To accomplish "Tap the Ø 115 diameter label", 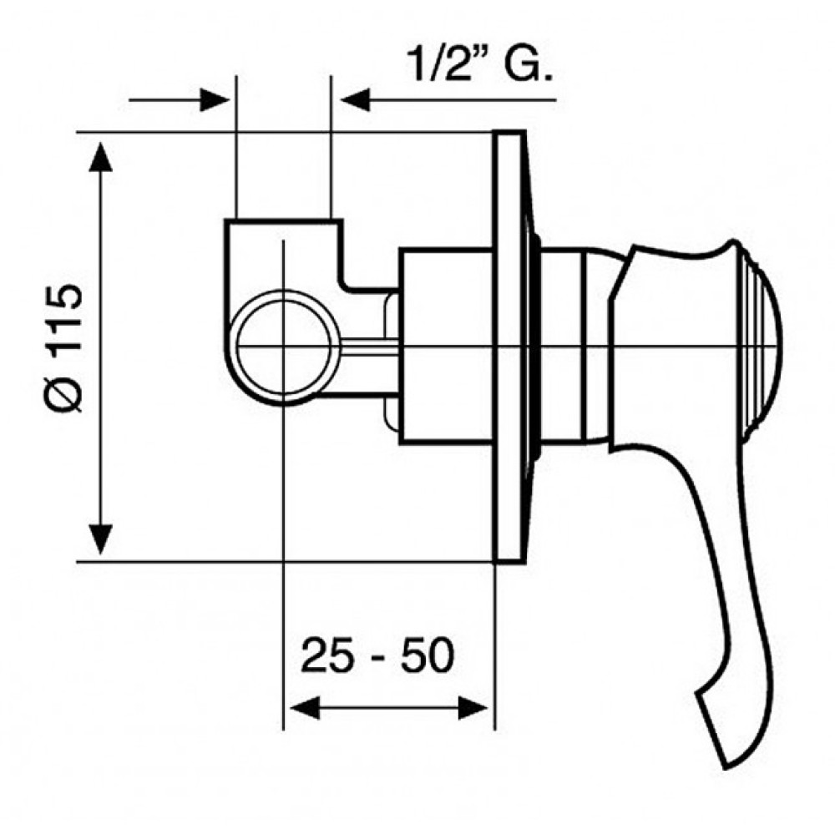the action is coord(64,348).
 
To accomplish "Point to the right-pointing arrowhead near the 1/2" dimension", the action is coord(215,99).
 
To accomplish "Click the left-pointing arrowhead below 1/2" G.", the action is coord(355,99).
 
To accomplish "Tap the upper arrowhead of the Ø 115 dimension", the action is coord(101,157).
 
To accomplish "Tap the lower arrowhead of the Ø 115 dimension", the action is coord(101,539).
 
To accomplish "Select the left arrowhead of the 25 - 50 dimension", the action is coord(304,708).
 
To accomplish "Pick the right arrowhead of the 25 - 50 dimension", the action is coord(473,708).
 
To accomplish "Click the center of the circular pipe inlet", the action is coord(284,347).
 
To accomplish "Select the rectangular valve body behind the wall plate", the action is coord(446,347).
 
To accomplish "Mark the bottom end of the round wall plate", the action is coord(508,561).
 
